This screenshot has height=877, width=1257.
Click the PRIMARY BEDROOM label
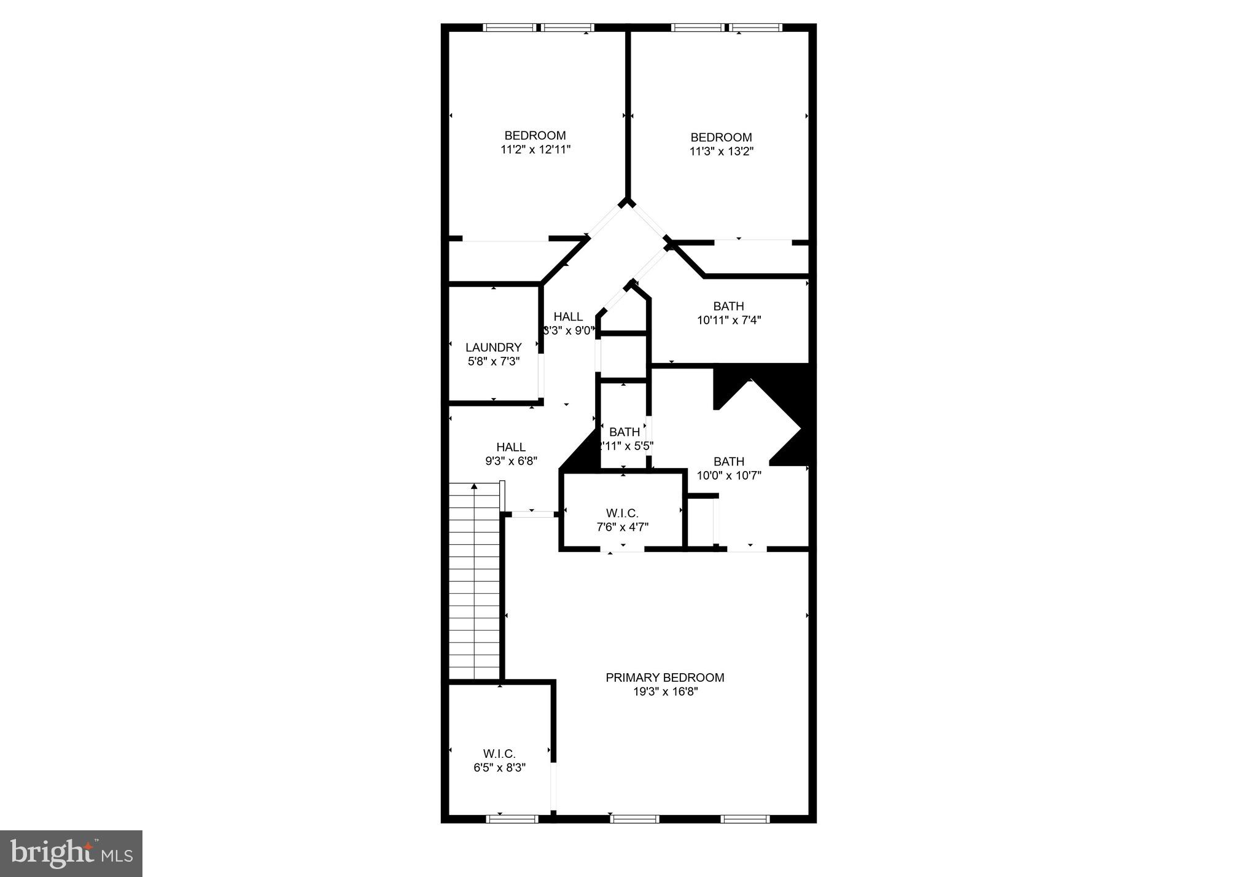click(x=665, y=677)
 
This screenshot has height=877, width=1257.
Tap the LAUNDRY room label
click(x=493, y=348)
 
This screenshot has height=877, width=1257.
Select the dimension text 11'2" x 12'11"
click(x=535, y=149)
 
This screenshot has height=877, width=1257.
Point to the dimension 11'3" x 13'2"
click(x=721, y=151)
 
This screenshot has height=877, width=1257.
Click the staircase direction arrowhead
click(x=474, y=486)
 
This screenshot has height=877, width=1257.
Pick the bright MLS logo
click(x=71, y=854)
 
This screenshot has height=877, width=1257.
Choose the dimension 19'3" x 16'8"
click(x=665, y=692)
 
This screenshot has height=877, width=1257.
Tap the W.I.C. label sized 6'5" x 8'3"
click(x=499, y=754)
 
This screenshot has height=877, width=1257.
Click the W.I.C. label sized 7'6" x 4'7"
click(x=622, y=513)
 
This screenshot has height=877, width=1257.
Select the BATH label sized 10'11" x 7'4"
click(x=728, y=306)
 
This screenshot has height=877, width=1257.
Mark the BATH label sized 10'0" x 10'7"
click(x=729, y=461)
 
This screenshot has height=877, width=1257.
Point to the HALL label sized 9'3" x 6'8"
click(x=511, y=447)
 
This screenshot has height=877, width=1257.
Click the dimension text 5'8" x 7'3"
click(x=494, y=362)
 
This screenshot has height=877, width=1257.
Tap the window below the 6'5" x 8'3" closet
click(x=512, y=818)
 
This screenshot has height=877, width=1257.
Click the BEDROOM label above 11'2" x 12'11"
click(x=535, y=135)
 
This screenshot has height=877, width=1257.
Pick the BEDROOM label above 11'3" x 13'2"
click(x=721, y=137)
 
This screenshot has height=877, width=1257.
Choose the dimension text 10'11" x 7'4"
click(x=729, y=320)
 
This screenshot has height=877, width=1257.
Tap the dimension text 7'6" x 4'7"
click(x=622, y=527)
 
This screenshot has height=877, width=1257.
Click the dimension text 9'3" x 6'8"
click(x=511, y=461)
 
